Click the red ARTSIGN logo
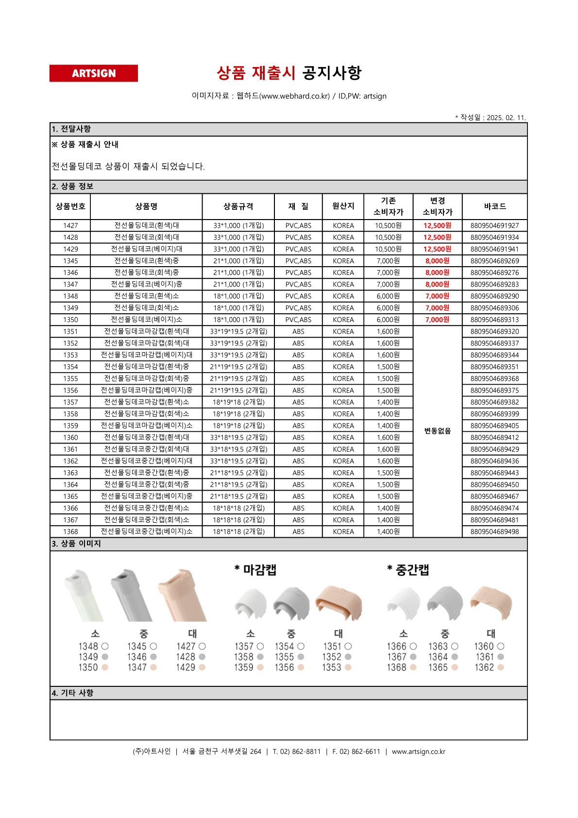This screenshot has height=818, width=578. click(x=93, y=73)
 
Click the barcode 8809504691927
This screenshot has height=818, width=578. click(x=494, y=225)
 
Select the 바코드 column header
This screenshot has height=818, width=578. click(x=494, y=206)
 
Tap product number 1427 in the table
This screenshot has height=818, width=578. click(x=70, y=225)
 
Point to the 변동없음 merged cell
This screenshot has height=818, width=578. click(x=437, y=431)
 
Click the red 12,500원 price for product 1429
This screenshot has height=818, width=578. click(x=437, y=249)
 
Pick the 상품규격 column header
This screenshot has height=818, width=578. click(x=238, y=206)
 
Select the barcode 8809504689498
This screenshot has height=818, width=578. click(x=494, y=532)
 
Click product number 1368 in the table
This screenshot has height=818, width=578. click(x=70, y=532)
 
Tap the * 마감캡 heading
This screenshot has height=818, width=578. click(x=255, y=570)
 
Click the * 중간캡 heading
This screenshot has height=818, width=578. click(x=408, y=570)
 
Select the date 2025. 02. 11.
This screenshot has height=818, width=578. click(x=506, y=118)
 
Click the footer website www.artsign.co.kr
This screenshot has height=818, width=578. click(x=418, y=751)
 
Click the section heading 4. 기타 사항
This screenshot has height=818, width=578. click(x=73, y=693)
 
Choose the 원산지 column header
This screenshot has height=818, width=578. click(x=343, y=206)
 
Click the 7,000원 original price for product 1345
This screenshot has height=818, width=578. click(x=388, y=261)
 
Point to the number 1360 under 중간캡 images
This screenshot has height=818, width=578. click(x=484, y=647)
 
